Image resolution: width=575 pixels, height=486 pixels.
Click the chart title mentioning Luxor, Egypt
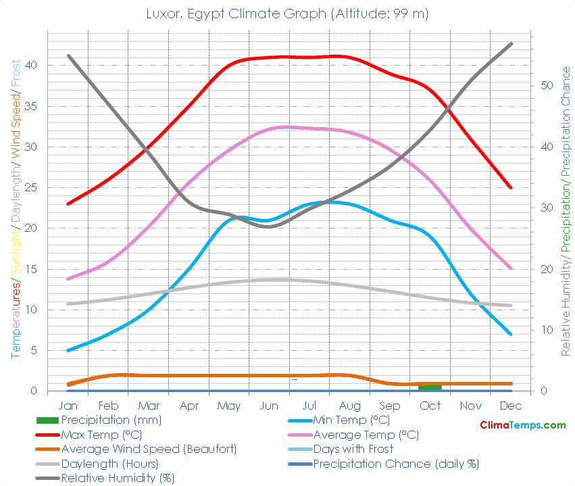coord(287,14)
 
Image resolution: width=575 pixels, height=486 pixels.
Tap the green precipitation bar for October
coord(430,387)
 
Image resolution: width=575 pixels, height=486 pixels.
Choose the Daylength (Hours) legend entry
coord(109,464)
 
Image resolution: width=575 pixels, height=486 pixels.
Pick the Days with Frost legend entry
coord(353,449)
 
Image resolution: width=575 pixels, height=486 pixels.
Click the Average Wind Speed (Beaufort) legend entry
coord(149,449)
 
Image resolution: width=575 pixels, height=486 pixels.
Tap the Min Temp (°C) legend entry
coord(351,420)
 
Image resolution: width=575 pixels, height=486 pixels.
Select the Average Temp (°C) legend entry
coord(365,434)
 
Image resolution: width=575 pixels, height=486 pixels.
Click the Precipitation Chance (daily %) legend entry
coord(395,464)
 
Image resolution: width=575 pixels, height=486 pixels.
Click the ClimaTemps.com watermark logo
coord(523,425)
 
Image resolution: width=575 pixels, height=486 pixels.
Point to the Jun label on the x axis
coord(269,406)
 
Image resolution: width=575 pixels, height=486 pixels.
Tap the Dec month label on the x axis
coord(511,406)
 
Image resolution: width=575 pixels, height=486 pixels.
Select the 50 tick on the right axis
coord(547,86)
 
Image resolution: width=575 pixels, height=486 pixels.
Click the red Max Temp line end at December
coord(511,187)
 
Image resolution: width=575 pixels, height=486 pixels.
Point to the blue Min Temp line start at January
coord(69,350)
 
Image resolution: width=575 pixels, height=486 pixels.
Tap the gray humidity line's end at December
coord(511,43)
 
